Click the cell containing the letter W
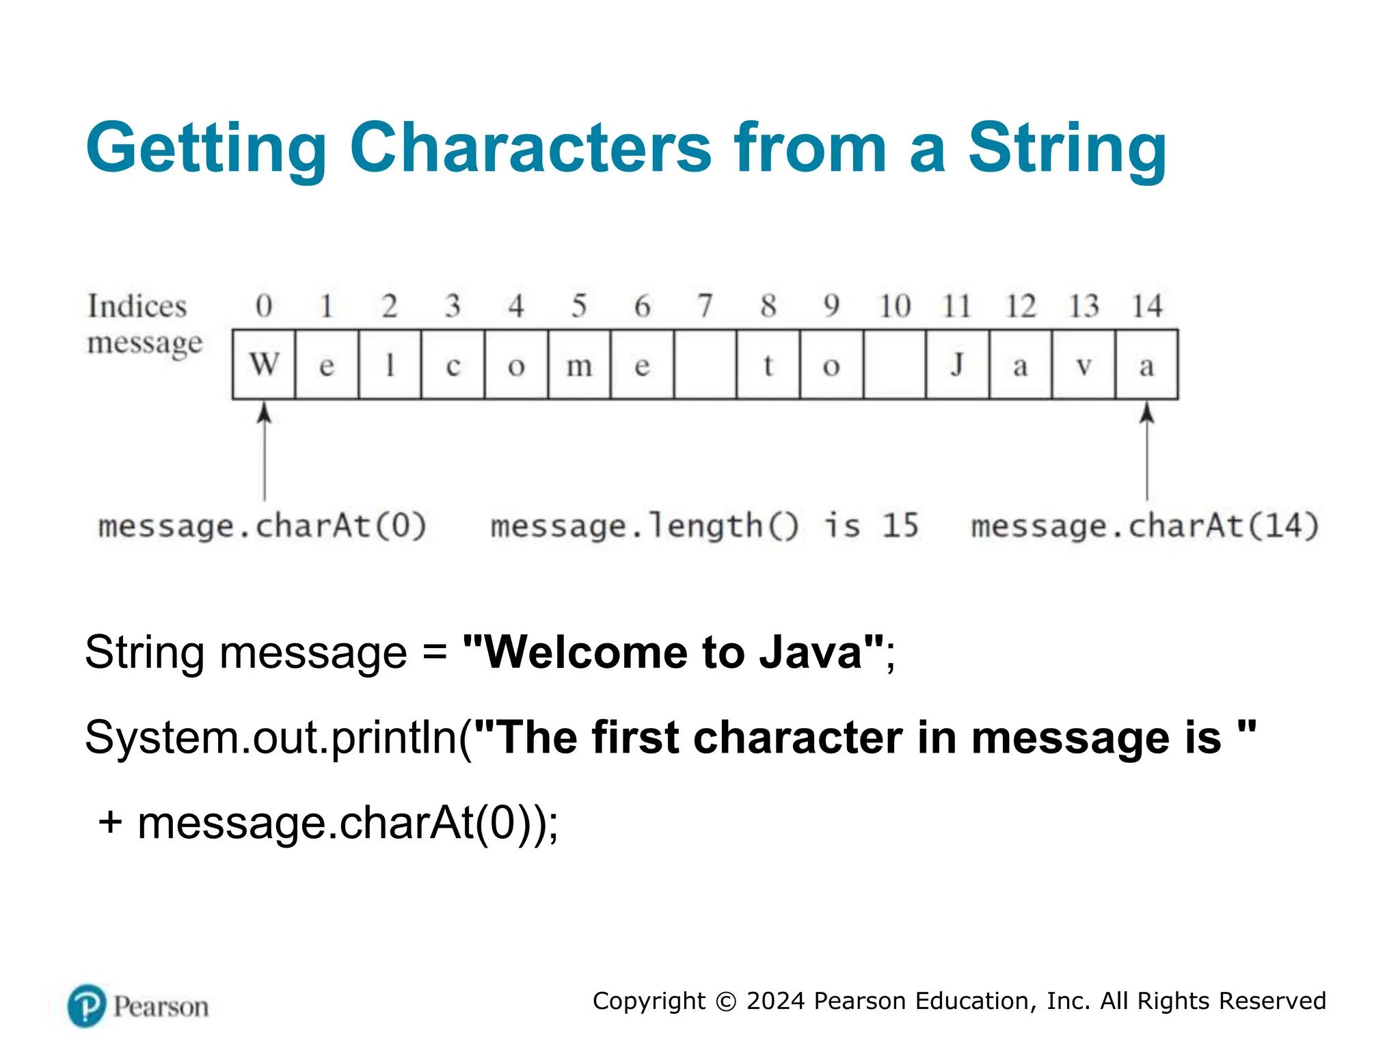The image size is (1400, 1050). (264, 364)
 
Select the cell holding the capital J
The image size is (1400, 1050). (957, 364)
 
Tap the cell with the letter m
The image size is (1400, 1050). (579, 364)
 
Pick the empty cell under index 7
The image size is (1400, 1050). (705, 364)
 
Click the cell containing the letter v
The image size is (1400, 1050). (1083, 364)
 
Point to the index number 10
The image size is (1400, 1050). (894, 306)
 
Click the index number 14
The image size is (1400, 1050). (1146, 306)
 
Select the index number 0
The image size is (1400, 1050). (264, 306)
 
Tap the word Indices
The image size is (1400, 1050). (137, 306)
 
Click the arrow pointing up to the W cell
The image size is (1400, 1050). (265, 451)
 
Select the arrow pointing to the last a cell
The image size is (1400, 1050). (1147, 451)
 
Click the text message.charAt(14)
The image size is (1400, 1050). (1145, 526)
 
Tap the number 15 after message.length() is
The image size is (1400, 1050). (900, 526)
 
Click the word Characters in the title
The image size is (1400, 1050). (531, 148)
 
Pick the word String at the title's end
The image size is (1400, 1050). (1067, 148)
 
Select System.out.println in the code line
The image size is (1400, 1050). (271, 738)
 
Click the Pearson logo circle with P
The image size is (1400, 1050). (87, 1006)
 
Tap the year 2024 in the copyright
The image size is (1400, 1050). (775, 1001)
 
